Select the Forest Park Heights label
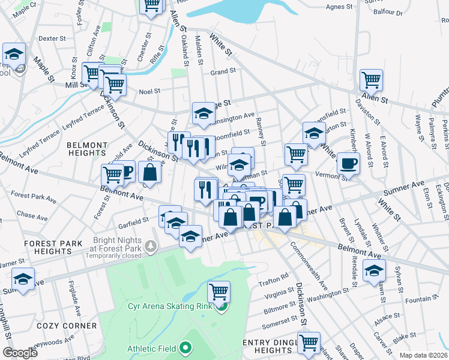tap(49, 248)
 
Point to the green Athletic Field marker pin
tap(185, 347)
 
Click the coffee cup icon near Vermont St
tap(348, 163)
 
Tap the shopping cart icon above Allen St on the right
tap(372, 79)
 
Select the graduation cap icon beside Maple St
tap(14, 53)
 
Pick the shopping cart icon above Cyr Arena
tap(219, 292)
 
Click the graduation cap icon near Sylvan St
tap(375, 270)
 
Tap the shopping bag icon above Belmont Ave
tap(150, 172)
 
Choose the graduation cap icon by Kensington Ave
tap(203, 112)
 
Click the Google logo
tap(19, 353)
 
